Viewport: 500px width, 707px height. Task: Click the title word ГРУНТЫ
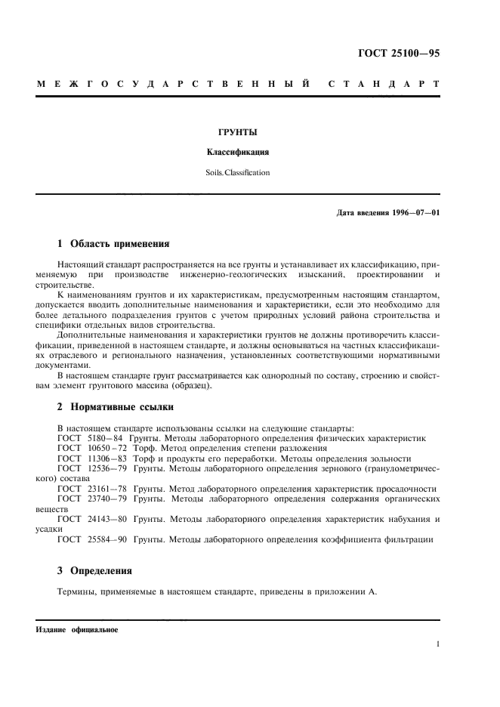tap(238, 133)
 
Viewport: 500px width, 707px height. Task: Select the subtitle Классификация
tap(238, 152)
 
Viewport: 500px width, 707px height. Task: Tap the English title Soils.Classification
tap(238, 172)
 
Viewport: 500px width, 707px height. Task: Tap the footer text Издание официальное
tap(76, 630)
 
